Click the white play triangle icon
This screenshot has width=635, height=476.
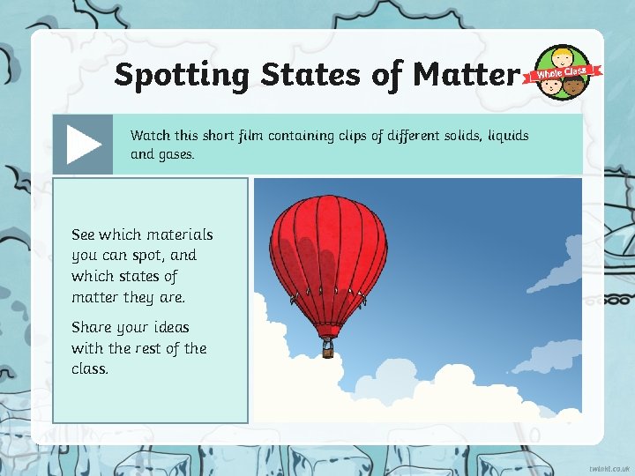click(x=84, y=144)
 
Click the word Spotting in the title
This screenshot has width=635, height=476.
click(x=182, y=76)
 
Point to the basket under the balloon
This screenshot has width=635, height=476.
click(x=328, y=346)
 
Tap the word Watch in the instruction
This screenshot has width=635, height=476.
click(x=150, y=136)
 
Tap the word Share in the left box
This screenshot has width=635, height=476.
click(x=91, y=327)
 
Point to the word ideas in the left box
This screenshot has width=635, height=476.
click(x=168, y=327)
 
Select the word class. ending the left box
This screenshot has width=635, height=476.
click(x=90, y=368)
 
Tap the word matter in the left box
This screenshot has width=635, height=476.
click(x=94, y=298)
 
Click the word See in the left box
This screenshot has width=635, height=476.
click(x=83, y=234)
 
